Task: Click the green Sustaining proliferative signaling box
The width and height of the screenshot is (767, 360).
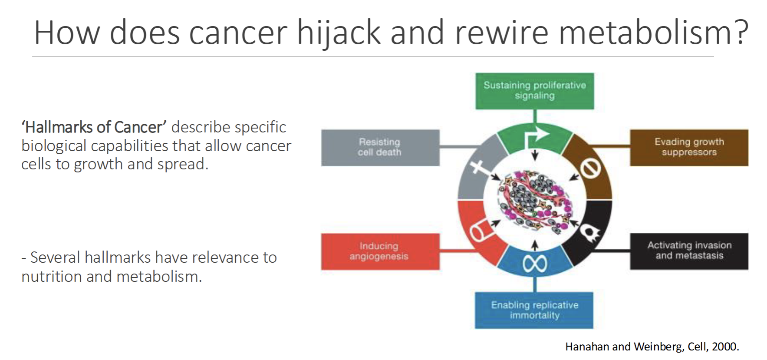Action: (534, 91)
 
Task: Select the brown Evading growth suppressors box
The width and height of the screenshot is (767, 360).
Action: (689, 147)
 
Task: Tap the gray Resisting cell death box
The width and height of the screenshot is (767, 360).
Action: (380, 147)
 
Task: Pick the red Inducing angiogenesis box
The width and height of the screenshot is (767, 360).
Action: (380, 251)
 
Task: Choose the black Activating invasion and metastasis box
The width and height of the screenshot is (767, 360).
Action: (689, 251)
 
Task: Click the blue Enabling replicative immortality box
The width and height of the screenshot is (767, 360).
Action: (534, 310)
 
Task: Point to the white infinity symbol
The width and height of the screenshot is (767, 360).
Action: (535, 264)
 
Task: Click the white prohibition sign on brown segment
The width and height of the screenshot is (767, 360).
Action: (591, 168)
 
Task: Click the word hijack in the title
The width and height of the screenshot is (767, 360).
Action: (339, 33)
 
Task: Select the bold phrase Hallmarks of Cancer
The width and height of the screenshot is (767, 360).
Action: (94, 127)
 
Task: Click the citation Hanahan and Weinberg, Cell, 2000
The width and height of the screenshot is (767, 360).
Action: (652, 347)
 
